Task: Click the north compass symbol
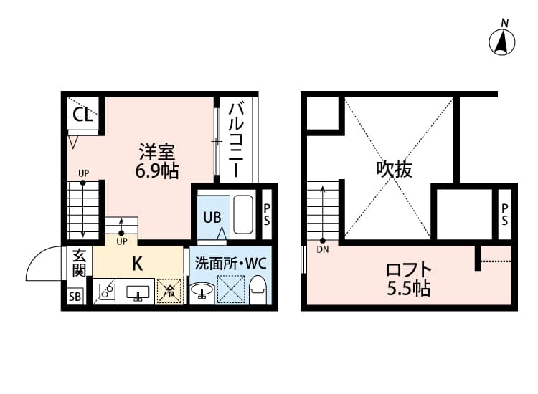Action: pyautogui.click(x=503, y=42)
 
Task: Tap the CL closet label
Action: pyautogui.click(x=83, y=115)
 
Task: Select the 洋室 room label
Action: pyautogui.click(x=157, y=153)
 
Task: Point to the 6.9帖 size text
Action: pyautogui.click(x=157, y=171)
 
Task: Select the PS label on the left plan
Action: pyautogui.click(x=266, y=215)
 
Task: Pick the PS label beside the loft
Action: pyautogui.click(x=504, y=214)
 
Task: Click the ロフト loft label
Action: pyautogui.click(x=408, y=270)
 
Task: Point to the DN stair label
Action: pyautogui.click(x=323, y=250)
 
